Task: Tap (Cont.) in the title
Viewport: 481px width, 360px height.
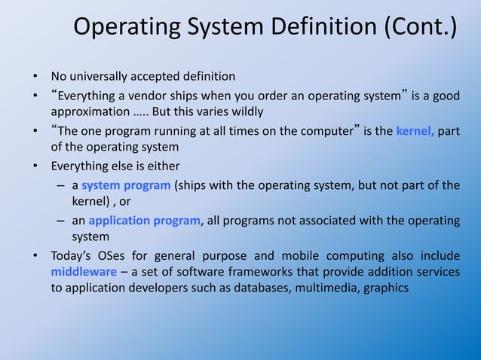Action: pyautogui.click(x=420, y=28)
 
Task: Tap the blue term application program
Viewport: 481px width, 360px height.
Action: pyautogui.click(x=145, y=221)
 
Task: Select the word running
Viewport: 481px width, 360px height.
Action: pyautogui.click(x=152, y=131)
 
